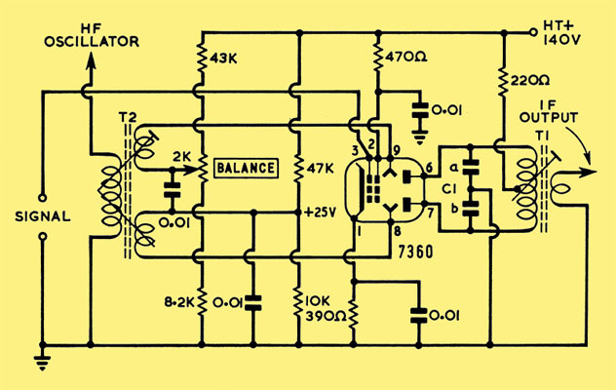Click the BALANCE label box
point(247,169)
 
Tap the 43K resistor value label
point(223,58)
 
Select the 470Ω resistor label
point(406,58)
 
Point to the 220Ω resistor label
point(529,81)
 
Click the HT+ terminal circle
point(533,32)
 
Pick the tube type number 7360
point(415,252)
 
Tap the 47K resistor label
point(320,169)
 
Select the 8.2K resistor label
point(179,302)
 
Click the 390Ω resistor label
point(327,316)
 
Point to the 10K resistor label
point(318,301)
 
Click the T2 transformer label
point(128,118)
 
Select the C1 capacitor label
point(449,189)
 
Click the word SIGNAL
point(43,216)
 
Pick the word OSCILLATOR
point(92,42)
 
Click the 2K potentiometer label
point(182,157)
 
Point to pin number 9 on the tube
point(396,150)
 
